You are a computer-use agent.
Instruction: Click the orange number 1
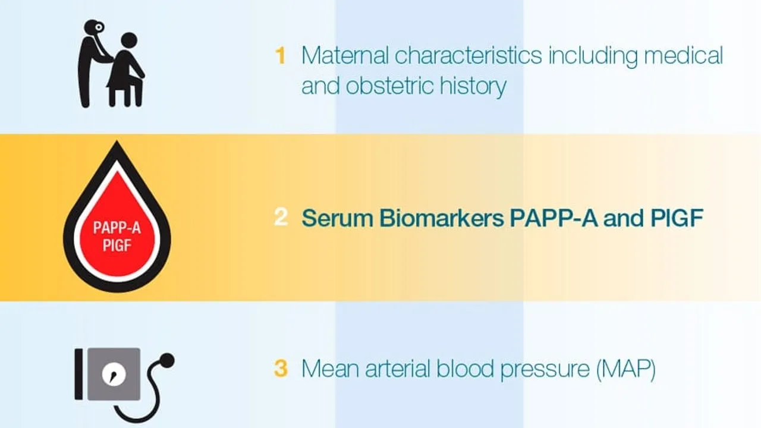pos(280,56)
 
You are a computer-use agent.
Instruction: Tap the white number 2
pos(281,218)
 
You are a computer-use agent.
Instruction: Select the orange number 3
pos(281,369)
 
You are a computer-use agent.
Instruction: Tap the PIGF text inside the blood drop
pos(117,244)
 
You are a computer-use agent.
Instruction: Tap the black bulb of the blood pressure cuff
pos(167,359)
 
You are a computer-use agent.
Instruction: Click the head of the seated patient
pos(128,40)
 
